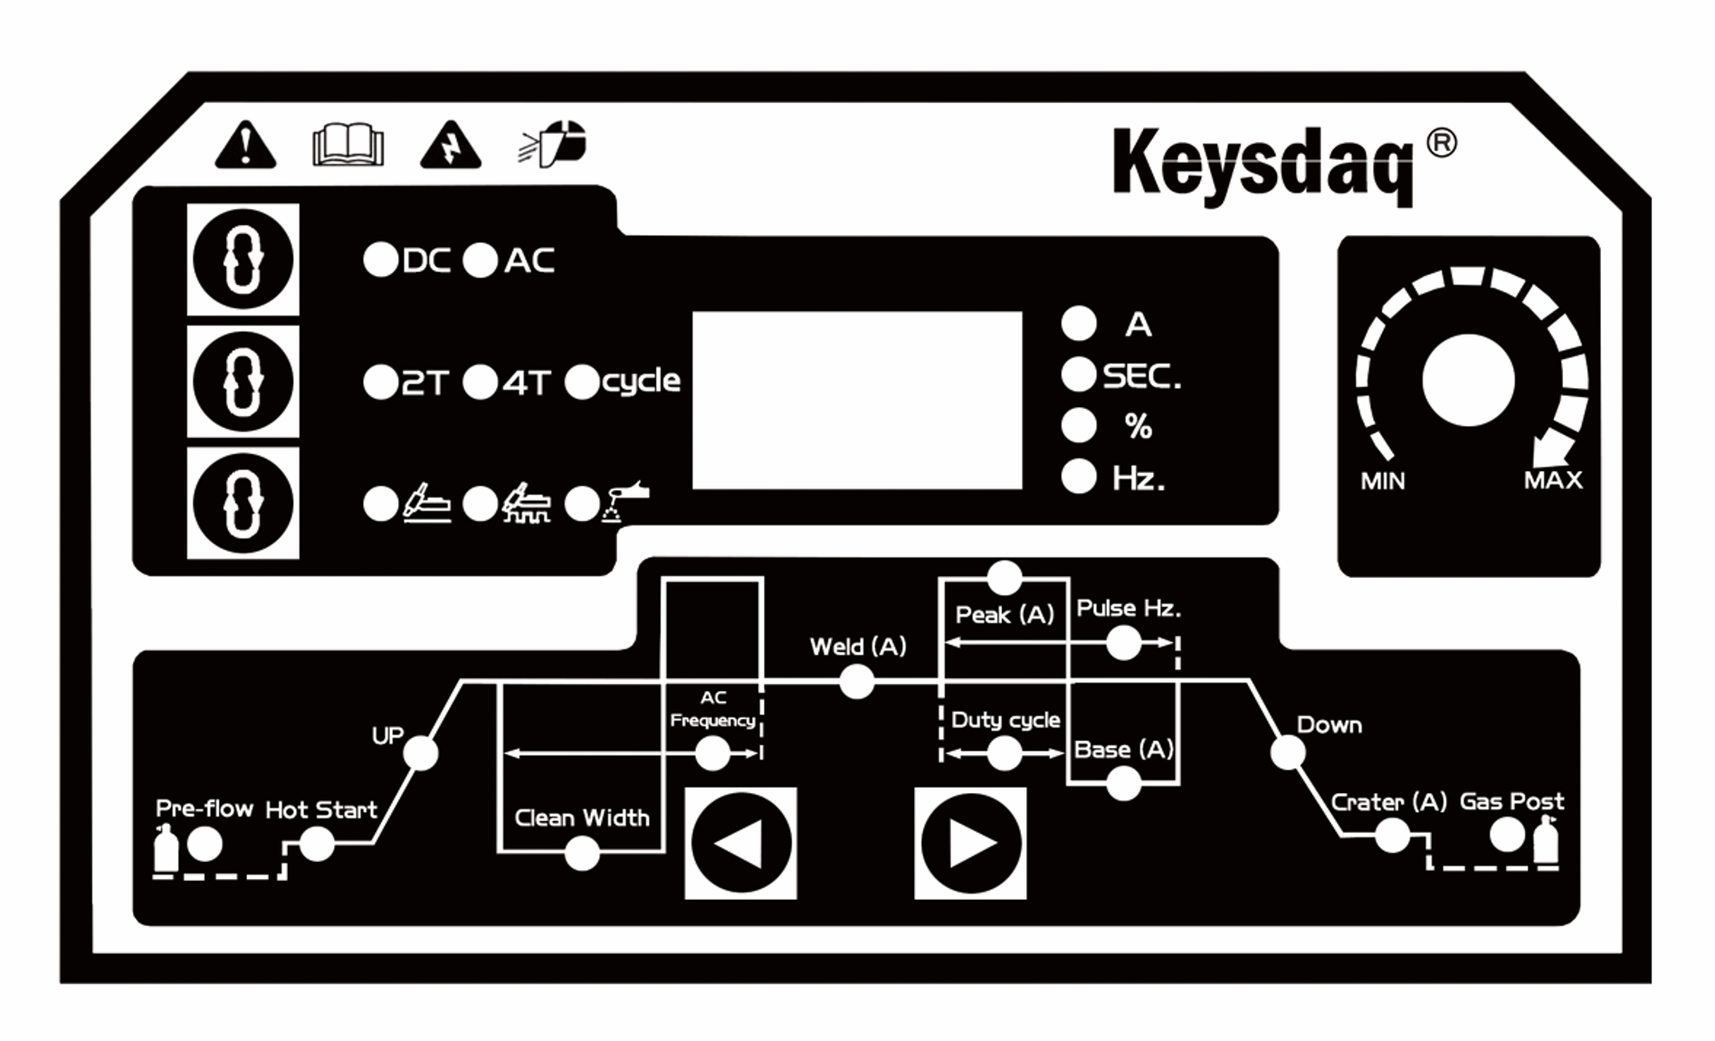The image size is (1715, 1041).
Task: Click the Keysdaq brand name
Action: coord(1262,163)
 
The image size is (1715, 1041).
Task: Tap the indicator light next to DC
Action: coord(380,260)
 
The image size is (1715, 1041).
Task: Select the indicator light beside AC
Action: coord(480,260)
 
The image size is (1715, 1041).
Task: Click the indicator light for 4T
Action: coord(480,382)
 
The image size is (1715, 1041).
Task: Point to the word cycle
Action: coord(641,381)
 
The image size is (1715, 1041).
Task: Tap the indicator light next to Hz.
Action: coord(1078,476)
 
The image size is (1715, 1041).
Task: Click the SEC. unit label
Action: coord(1141,375)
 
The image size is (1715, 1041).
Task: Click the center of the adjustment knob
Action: coord(1467,380)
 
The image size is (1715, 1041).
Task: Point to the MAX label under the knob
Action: coord(1553,479)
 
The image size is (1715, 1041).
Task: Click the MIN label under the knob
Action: coord(1383,480)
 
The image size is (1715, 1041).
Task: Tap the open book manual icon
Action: coord(348,145)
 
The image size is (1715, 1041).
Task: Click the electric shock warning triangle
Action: coord(450,146)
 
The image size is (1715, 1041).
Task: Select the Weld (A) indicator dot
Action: coord(856,681)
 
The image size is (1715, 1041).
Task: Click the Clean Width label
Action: coord(582,818)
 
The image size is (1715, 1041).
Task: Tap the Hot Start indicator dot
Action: coord(316,845)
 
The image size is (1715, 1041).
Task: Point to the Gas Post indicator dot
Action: coord(1507,835)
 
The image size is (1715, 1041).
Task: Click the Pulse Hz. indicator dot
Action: coord(1123,643)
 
